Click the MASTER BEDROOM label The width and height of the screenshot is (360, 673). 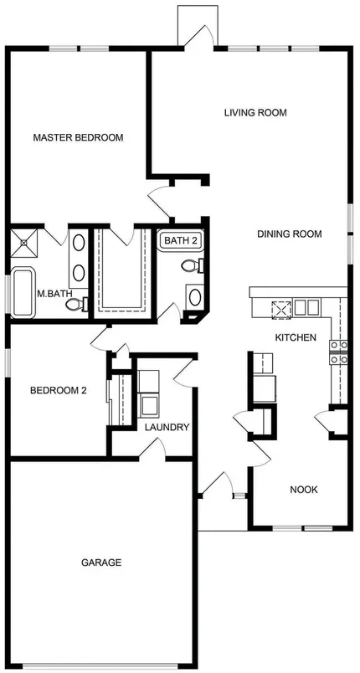tap(78, 138)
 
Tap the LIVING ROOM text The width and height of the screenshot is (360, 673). tap(255, 113)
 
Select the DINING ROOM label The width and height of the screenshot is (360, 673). tap(289, 234)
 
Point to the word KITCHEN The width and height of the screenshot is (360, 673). tap(296, 337)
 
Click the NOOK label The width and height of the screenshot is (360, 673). tap(304, 490)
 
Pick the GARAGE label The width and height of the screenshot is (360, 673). tap(101, 563)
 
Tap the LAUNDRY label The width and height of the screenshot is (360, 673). tap(167, 427)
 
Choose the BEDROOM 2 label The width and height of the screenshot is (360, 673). tap(59, 391)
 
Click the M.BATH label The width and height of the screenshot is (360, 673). tap(54, 294)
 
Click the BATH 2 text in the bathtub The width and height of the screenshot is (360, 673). tap(181, 241)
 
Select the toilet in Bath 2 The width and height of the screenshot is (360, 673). tap(193, 265)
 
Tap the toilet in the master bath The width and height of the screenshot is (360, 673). tap(77, 305)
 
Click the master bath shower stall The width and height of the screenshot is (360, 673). tap(24, 243)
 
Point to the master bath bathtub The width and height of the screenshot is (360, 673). tap(23, 293)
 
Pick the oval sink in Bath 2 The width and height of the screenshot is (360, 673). tap(195, 297)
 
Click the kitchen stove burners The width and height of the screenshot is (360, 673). tap(338, 352)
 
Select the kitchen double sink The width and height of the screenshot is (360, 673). tap(306, 308)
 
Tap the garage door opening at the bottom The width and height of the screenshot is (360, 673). tap(100, 665)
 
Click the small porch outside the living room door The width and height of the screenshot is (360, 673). tap(198, 25)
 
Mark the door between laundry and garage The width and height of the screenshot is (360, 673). tap(152, 451)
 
